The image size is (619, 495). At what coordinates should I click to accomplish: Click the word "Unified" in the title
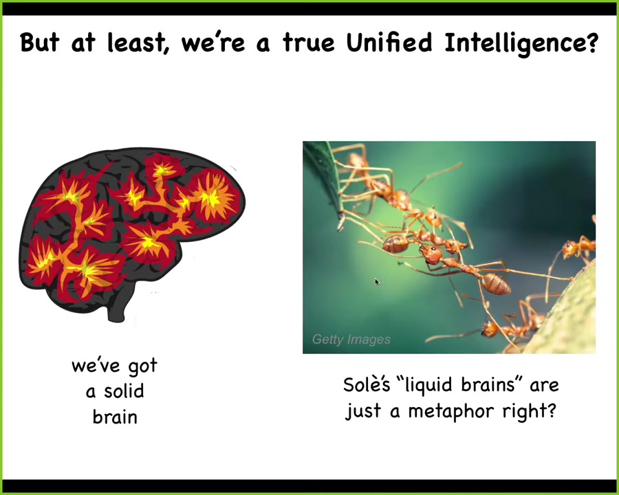click(389, 42)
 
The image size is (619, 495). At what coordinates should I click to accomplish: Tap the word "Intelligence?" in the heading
click(521, 44)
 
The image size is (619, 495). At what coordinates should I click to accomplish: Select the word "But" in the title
click(39, 42)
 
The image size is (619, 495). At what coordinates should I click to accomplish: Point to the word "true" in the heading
click(308, 43)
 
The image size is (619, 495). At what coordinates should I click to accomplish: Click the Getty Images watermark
click(351, 340)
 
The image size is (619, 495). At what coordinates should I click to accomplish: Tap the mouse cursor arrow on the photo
click(377, 281)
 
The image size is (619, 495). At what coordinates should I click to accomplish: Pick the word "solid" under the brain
click(124, 391)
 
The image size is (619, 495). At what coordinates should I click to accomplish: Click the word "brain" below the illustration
click(115, 417)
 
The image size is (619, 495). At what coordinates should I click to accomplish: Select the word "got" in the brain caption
click(142, 366)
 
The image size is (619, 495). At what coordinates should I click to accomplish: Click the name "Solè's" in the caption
click(367, 384)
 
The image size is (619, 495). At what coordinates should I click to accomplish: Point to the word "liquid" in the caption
click(428, 386)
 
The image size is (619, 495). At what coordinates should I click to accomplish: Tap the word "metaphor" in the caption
click(451, 412)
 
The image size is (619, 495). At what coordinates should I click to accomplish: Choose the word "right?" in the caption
click(530, 412)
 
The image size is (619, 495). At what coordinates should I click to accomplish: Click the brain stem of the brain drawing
click(117, 307)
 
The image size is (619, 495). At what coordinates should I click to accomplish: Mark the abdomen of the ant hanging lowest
click(496, 284)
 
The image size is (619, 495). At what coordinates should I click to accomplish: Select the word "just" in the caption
click(362, 412)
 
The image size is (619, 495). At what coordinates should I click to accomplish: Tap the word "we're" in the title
click(213, 43)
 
